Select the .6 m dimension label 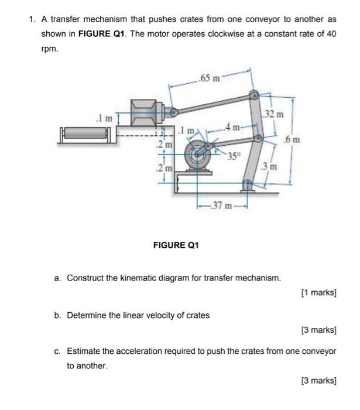pyautogui.click(x=292, y=139)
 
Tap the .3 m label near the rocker pyautogui.click(x=270, y=167)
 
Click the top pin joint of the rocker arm pyautogui.click(x=253, y=95)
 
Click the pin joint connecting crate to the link pyautogui.click(x=173, y=111)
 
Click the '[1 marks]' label pyautogui.click(x=318, y=292)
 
